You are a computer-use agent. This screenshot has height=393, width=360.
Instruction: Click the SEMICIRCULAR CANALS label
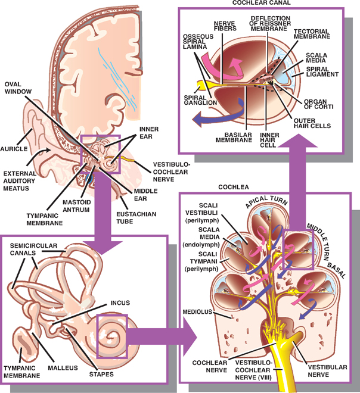tap(29, 248)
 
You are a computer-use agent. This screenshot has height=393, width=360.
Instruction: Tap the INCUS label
tap(120, 302)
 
